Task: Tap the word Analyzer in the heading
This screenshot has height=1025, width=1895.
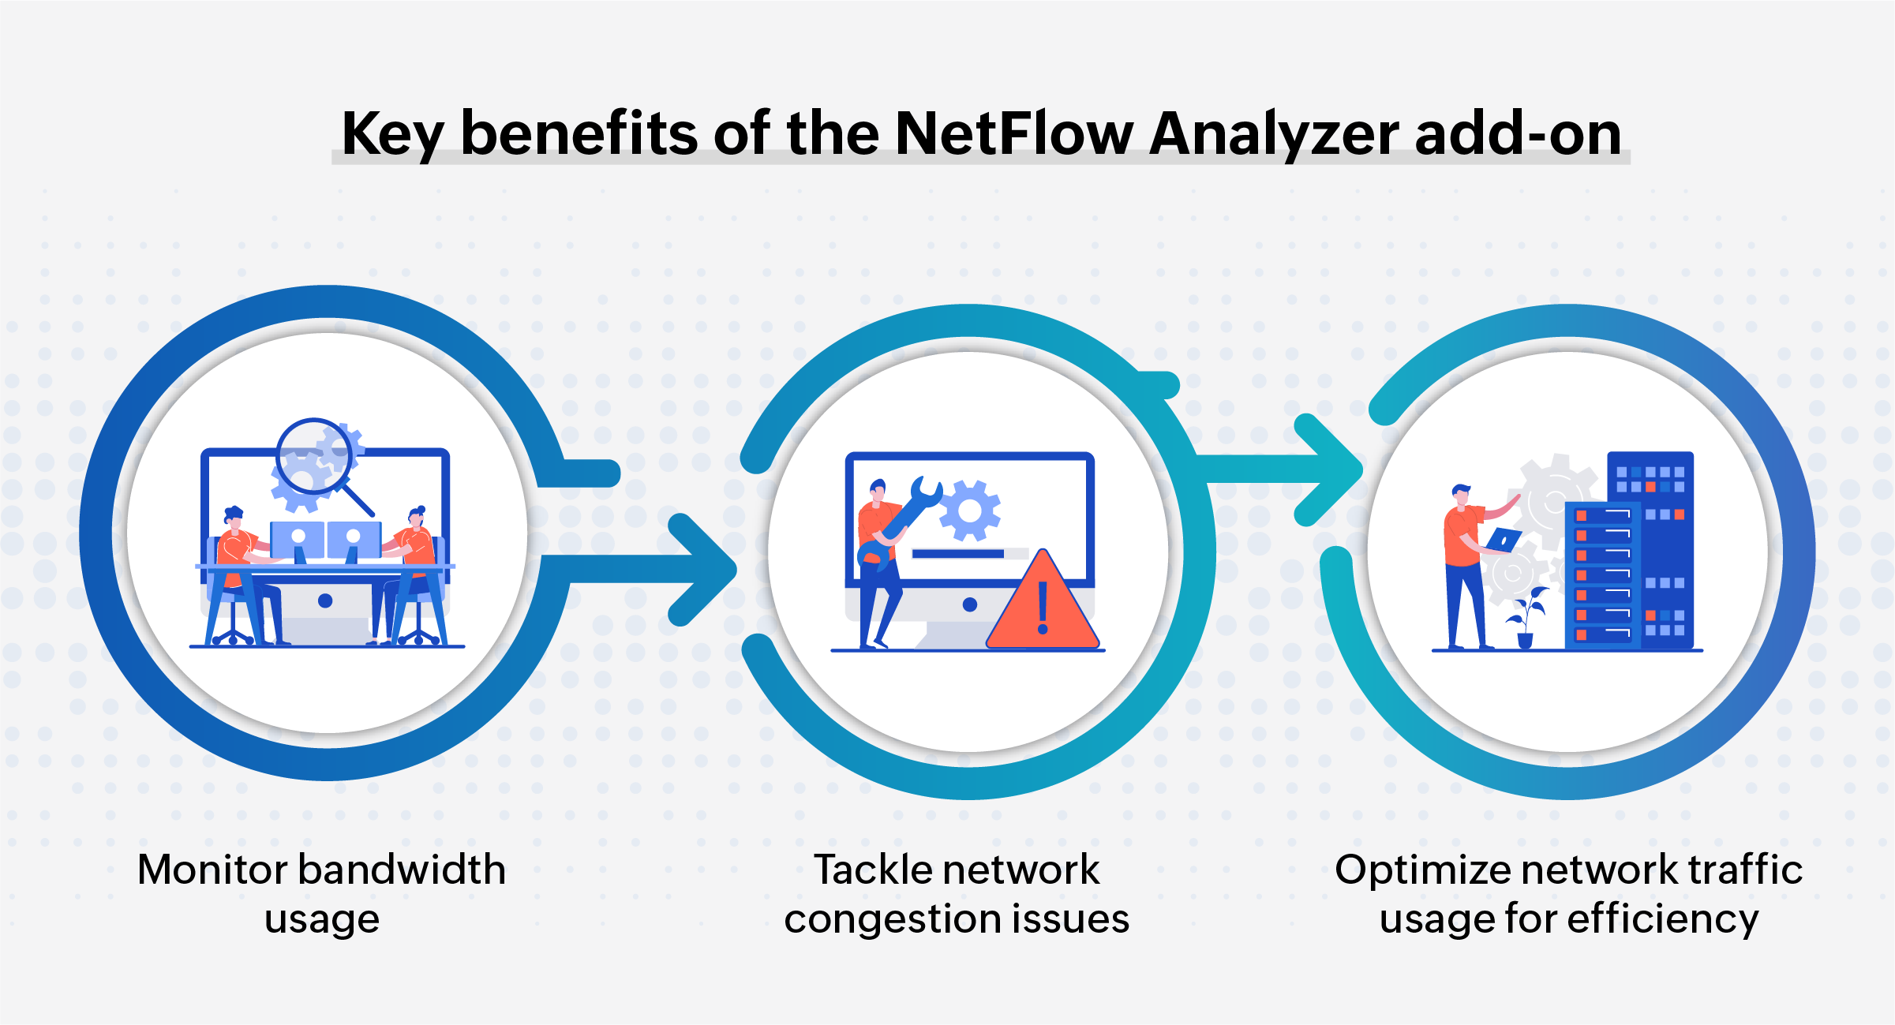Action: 1274,134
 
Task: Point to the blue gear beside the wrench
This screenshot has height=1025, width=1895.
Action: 970,511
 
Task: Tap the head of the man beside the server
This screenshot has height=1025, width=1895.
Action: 1462,495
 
